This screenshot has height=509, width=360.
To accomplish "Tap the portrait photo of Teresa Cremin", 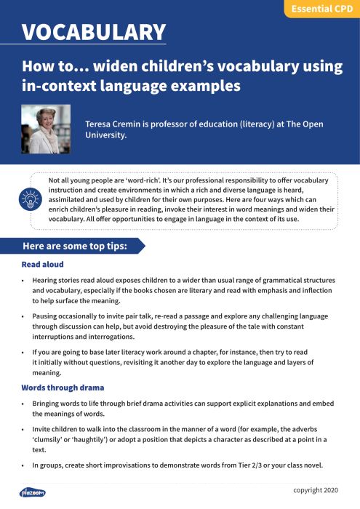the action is [46, 129].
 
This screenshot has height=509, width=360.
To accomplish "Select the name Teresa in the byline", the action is [102, 124].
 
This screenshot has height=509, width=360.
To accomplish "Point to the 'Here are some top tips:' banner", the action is [75, 247].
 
